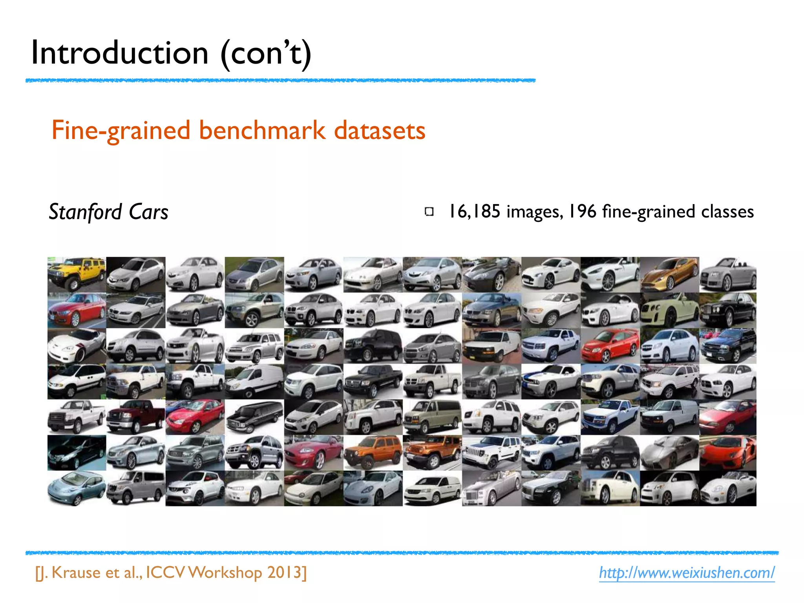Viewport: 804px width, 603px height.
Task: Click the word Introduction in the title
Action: (x=120, y=53)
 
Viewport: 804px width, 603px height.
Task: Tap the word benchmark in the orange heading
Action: (x=262, y=131)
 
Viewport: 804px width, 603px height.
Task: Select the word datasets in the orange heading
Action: (x=380, y=131)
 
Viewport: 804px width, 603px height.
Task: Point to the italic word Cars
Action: (x=148, y=212)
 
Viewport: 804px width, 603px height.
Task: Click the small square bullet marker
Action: (x=429, y=212)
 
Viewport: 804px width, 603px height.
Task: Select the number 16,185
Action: (x=475, y=212)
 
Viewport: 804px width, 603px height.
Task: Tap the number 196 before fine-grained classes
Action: (x=583, y=212)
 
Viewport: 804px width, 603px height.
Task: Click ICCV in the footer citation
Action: (x=165, y=573)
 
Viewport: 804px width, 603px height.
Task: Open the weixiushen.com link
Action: (x=687, y=573)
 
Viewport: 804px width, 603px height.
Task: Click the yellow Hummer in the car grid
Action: (x=77, y=274)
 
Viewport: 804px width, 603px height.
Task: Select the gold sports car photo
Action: (x=669, y=274)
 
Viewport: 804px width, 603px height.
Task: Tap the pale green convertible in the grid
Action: (x=669, y=310)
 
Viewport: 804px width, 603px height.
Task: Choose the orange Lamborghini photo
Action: (x=728, y=452)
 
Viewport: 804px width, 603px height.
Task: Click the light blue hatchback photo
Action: (x=77, y=488)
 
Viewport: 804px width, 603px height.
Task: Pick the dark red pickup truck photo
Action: (x=136, y=417)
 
